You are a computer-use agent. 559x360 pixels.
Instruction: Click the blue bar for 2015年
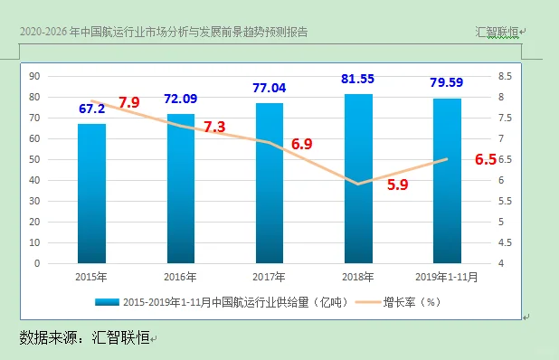pyautogui.click(x=91, y=194)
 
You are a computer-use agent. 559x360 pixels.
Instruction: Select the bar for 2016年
pyautogui.click(x=180, y=189)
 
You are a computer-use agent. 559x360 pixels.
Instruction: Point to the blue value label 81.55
pyautogui.click(x=359, y=80)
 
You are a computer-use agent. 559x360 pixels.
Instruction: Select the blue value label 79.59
pyautogui.click(x=448, y=83)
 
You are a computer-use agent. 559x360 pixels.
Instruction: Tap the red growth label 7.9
pyautogui.click(x=128, y=102)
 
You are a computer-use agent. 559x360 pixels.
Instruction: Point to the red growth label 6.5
pyautogui.click(x=485, y=160)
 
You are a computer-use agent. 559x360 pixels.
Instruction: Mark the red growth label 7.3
pyautogui.click(x=214, y=127)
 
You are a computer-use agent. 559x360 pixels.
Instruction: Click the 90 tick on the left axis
pyautogui.click(x=34, y=76)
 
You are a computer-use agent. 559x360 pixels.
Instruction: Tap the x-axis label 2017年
pyautogui.click(x=270, y=277)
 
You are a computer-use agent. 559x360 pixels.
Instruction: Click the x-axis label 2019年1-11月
pyautogui.click(x=447, y=277)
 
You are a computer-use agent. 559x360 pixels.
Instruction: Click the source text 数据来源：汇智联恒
pyautogui.click(x=84, y=337)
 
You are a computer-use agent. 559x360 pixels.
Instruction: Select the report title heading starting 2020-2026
pyautogui.click(x=163, y=32)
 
